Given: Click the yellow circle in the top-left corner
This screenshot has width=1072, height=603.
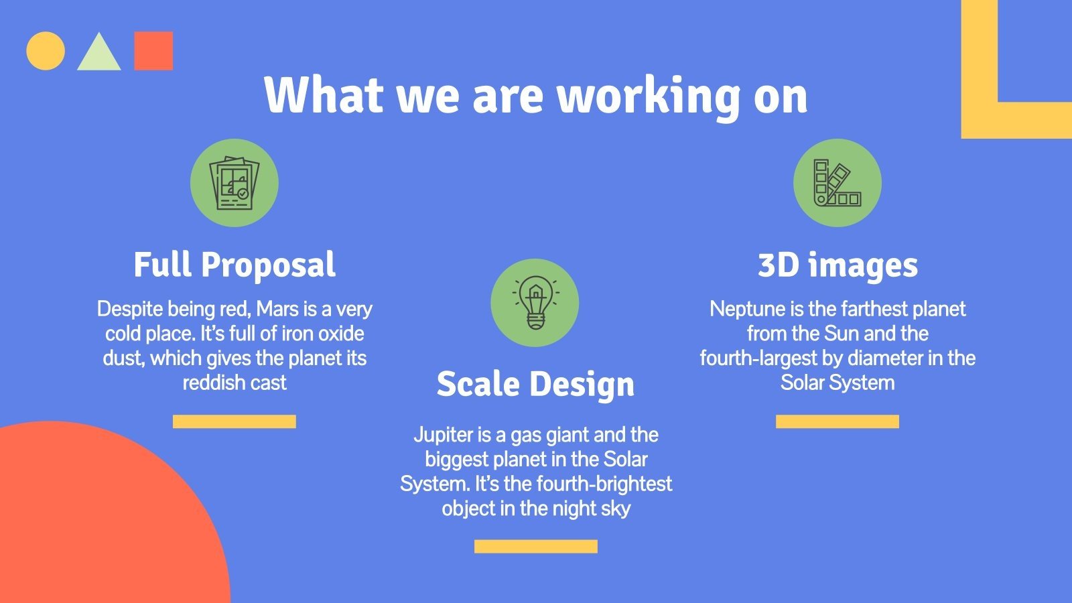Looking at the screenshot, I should [x=46, y=51].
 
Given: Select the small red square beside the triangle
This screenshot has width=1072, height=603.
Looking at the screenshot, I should [x=153, y=51].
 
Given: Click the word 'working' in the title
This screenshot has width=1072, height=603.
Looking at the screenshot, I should [x=649, y=95].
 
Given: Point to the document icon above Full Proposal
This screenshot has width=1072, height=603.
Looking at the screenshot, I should [x=234, y=183].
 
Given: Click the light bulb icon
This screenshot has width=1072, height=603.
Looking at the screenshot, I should [x=535, y=303].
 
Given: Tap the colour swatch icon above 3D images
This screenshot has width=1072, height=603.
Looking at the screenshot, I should [x=837, y=183].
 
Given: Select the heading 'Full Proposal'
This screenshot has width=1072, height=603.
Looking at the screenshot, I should [x=234, y=265].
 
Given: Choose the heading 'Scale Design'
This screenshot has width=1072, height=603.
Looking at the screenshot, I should [x=535, y=385].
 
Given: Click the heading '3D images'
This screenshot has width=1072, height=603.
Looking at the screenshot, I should [x=837, y=265].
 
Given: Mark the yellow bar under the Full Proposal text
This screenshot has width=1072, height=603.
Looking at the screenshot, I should [x=234, y=421].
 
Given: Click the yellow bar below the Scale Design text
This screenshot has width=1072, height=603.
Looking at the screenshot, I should [x=535, y=547].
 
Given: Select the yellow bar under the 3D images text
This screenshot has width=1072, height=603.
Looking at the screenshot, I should [x=837, y=421].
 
